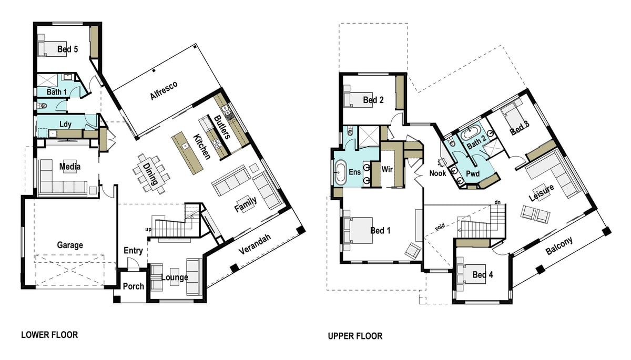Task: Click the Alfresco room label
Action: pos(164,90)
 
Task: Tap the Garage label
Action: pos(70,245)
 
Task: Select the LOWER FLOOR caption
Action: pos(49,335)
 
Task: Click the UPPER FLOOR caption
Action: pos(355,336)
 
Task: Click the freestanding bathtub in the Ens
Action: pos(340,172)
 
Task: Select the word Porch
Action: pos(133,286)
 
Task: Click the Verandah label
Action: pos(255,244)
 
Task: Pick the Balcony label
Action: pos(559,245)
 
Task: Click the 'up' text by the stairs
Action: pos(148,229)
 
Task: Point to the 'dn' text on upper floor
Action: pos(497,202)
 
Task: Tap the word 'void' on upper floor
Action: pos(440,227)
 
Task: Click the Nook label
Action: pos(437,173)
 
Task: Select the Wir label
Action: pos(387,169)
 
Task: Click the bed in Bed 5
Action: pos(52,49)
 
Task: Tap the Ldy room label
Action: pos(65,124)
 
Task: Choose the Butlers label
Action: pos(222,127)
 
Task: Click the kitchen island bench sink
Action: pos(185,146)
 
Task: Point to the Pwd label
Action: pos(473,173)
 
